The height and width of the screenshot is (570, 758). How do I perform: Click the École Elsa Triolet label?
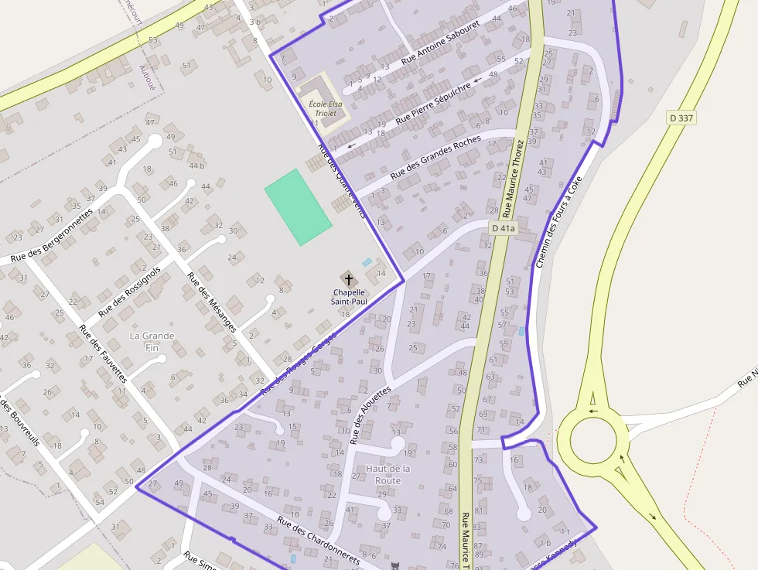coord(325,108)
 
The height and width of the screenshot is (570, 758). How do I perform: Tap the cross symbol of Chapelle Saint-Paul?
coord(349,279)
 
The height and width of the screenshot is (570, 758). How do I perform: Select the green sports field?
coord(298,207)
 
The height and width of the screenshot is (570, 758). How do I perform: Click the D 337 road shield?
coord(681,118)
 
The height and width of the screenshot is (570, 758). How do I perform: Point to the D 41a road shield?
coord(503,228)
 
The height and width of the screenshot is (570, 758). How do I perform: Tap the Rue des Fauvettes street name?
coord(102,353)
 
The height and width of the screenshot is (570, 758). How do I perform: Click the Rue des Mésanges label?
coord(212,302)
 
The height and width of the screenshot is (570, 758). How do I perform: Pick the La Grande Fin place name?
coord(152,342)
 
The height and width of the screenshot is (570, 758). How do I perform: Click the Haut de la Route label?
coord(388,474)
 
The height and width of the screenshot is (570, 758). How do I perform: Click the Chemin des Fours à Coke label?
coord(557,223)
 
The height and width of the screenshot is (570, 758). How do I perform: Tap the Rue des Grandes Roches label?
coord(435,158)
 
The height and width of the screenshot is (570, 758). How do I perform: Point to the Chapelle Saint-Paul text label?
coord(350,296)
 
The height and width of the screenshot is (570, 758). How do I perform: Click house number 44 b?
coord(196,166)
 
